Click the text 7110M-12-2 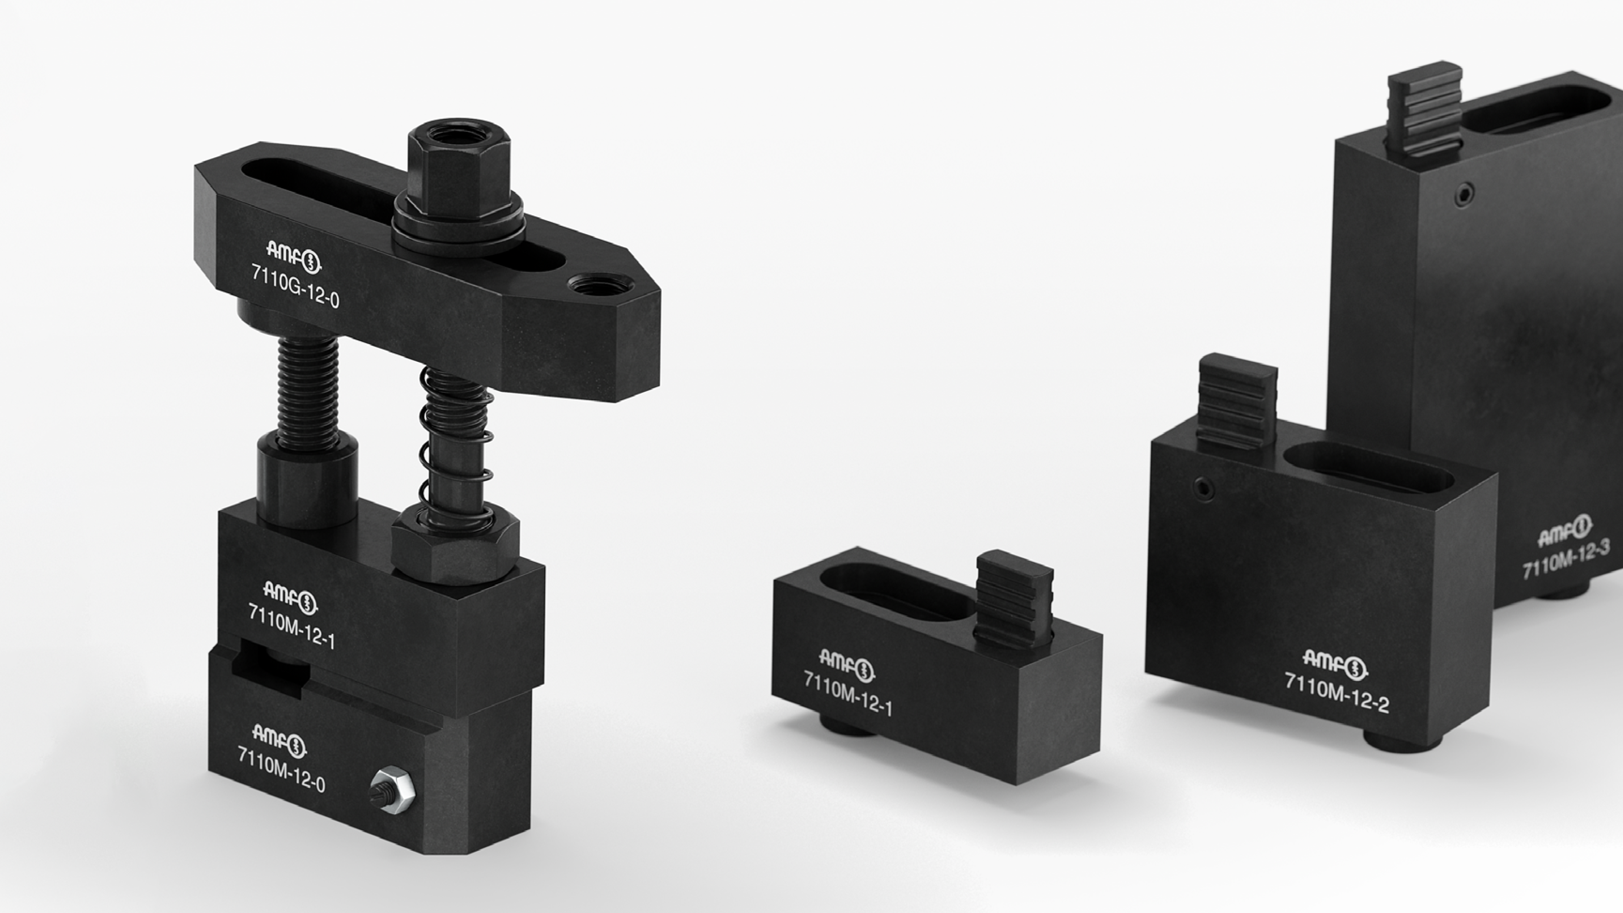1337,692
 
